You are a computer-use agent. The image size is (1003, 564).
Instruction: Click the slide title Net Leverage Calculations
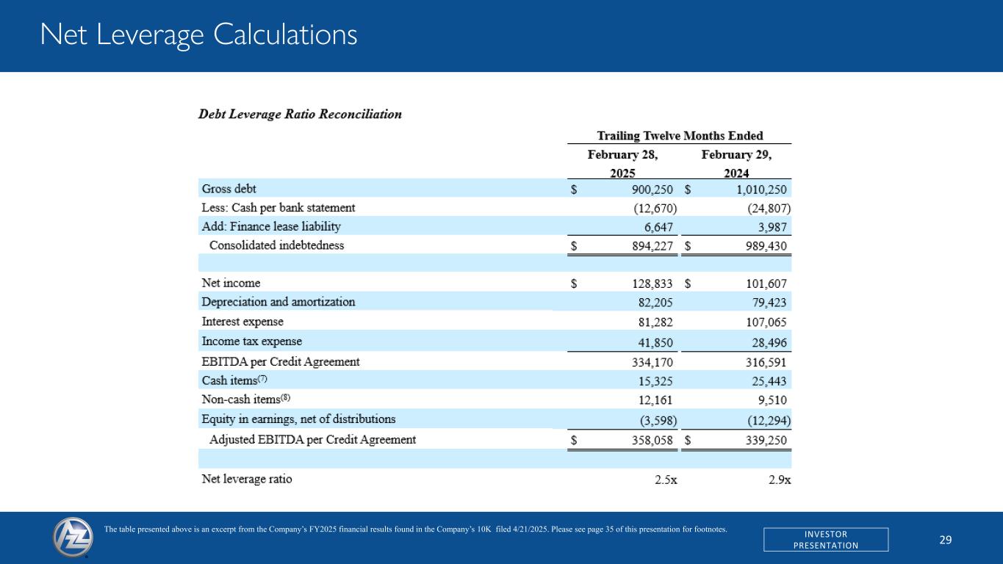[198, 35]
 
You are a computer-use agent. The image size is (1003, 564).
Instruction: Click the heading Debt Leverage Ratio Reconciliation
[301, 115]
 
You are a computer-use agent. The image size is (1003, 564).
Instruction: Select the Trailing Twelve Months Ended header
[680, 136]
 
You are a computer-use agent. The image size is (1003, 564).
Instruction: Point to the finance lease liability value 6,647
[657, 227]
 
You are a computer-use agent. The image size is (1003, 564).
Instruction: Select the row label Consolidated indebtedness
[276, 245]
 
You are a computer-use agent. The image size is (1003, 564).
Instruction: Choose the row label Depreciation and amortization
[278, 302]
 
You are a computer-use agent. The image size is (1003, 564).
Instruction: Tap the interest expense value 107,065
[767, 322]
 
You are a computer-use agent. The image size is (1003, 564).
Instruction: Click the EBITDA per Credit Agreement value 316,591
[767, 362]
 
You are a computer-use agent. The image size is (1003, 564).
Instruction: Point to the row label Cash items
[230, 380]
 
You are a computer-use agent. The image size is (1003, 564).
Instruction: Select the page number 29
[946, 540]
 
